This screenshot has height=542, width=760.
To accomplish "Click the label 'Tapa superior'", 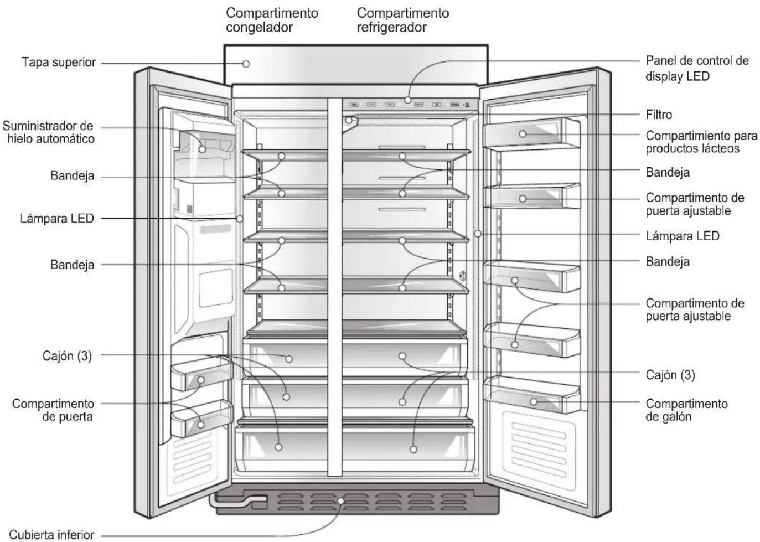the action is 59,63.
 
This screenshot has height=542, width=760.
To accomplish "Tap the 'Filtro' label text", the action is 659,115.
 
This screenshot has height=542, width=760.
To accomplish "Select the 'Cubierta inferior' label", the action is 51,535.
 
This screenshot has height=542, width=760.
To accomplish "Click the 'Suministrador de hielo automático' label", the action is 48,132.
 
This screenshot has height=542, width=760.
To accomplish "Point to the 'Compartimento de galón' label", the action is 686,410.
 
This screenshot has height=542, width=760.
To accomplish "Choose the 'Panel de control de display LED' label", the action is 697,69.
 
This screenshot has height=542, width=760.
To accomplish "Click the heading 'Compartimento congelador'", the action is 272,20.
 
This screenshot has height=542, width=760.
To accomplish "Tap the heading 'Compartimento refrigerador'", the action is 403,20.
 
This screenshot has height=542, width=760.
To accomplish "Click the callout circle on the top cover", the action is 246,64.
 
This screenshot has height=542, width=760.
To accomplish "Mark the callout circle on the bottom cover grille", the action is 340,501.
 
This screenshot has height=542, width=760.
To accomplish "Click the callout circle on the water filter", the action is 348,120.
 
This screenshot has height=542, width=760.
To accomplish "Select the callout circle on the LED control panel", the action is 408,100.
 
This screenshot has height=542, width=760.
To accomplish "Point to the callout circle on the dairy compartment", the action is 523,134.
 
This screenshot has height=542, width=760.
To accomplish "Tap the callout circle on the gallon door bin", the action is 534,402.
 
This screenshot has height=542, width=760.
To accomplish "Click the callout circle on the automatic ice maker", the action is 202,149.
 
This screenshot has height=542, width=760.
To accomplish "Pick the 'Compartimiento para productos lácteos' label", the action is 701,142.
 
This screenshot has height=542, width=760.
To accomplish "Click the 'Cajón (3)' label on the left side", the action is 67,356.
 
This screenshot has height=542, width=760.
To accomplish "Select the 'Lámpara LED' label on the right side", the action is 683,236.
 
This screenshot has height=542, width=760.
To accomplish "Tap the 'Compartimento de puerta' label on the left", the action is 53,410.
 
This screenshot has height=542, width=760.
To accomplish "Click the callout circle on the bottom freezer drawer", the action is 278,447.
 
